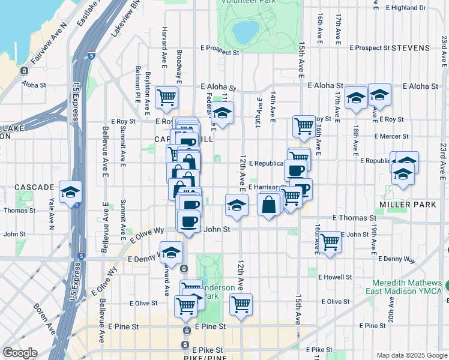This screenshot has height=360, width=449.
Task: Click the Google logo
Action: pyautogui.click(x=19, y=353)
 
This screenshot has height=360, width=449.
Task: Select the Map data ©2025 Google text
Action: pyautogui.click(x=412, y=355)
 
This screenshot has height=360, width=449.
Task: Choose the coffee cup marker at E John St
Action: pyautogui.click(x=189, y=221)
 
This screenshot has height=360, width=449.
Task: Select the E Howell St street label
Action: pyautogui.click(x=336, y=277)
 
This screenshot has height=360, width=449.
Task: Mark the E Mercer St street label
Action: pyautogui.click(x=391, y=136)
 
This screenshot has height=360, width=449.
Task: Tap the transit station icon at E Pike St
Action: pyautogui.click(x=187, y=347)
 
